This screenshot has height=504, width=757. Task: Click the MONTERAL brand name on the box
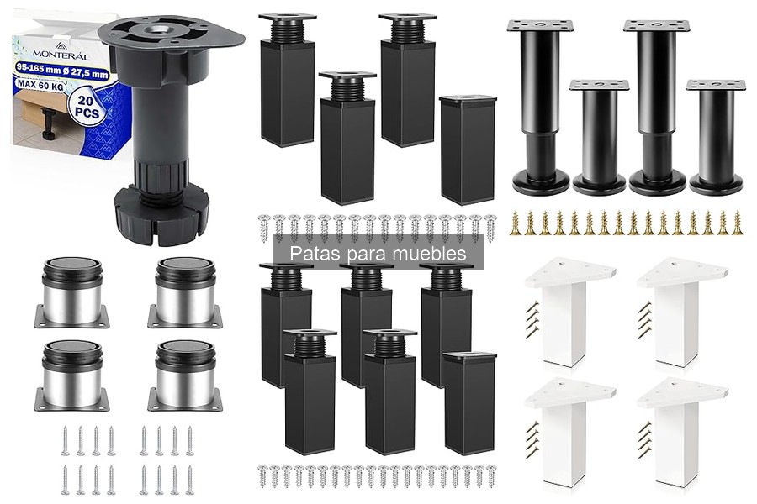click(61, 55)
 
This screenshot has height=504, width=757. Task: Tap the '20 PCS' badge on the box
click(87, 107)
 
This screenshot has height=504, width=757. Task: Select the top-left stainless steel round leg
click(72, 292)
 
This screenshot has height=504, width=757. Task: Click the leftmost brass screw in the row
click(515, 223)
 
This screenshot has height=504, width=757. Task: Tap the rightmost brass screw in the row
click(737, 223)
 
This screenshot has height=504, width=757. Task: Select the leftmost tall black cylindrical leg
click(540, 107)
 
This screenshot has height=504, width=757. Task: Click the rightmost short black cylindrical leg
click(716, 137)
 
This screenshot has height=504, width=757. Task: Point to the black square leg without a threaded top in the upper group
click(468, 150)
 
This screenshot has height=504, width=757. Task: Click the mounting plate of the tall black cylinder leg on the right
click(657, 26)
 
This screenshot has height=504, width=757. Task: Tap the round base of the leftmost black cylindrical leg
click(541, 181)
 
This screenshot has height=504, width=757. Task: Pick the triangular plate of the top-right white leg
click(681, 273)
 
